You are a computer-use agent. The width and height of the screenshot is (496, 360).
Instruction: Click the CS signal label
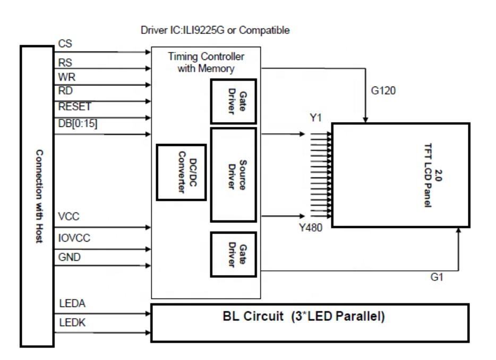[x=65, y=44]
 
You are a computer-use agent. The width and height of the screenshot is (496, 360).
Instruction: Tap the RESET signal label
[x=75, y=107]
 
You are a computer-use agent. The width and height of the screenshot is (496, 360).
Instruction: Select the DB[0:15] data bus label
[x=78, y=123]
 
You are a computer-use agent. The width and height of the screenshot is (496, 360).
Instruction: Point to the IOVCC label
[x=74, y=238]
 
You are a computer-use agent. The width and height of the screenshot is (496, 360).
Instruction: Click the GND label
[x=69, y=257]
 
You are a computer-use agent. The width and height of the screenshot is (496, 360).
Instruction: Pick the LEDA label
[x=72, y=303]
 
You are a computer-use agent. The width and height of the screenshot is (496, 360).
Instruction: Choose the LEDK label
[x=72, y=322]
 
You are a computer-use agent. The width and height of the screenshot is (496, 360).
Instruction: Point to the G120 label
[x=383, y=91]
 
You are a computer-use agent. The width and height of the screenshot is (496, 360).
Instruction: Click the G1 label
[x=437, y=277]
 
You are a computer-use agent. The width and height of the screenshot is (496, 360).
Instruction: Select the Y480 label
[x=311, y=227]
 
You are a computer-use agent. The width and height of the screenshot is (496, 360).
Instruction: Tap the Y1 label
[x=315, y=118]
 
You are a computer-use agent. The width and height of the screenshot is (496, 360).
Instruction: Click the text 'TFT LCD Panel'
[x=427, y=175]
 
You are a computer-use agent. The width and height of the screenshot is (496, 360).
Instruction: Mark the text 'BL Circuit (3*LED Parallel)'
[x=304, y=316]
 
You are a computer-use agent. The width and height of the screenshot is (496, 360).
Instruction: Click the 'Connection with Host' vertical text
[x=39, y=196]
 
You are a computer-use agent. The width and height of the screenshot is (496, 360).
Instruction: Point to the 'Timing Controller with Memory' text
[x=206, y=62]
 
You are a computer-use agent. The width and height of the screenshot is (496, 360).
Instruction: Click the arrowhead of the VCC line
[x=148, y=227]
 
